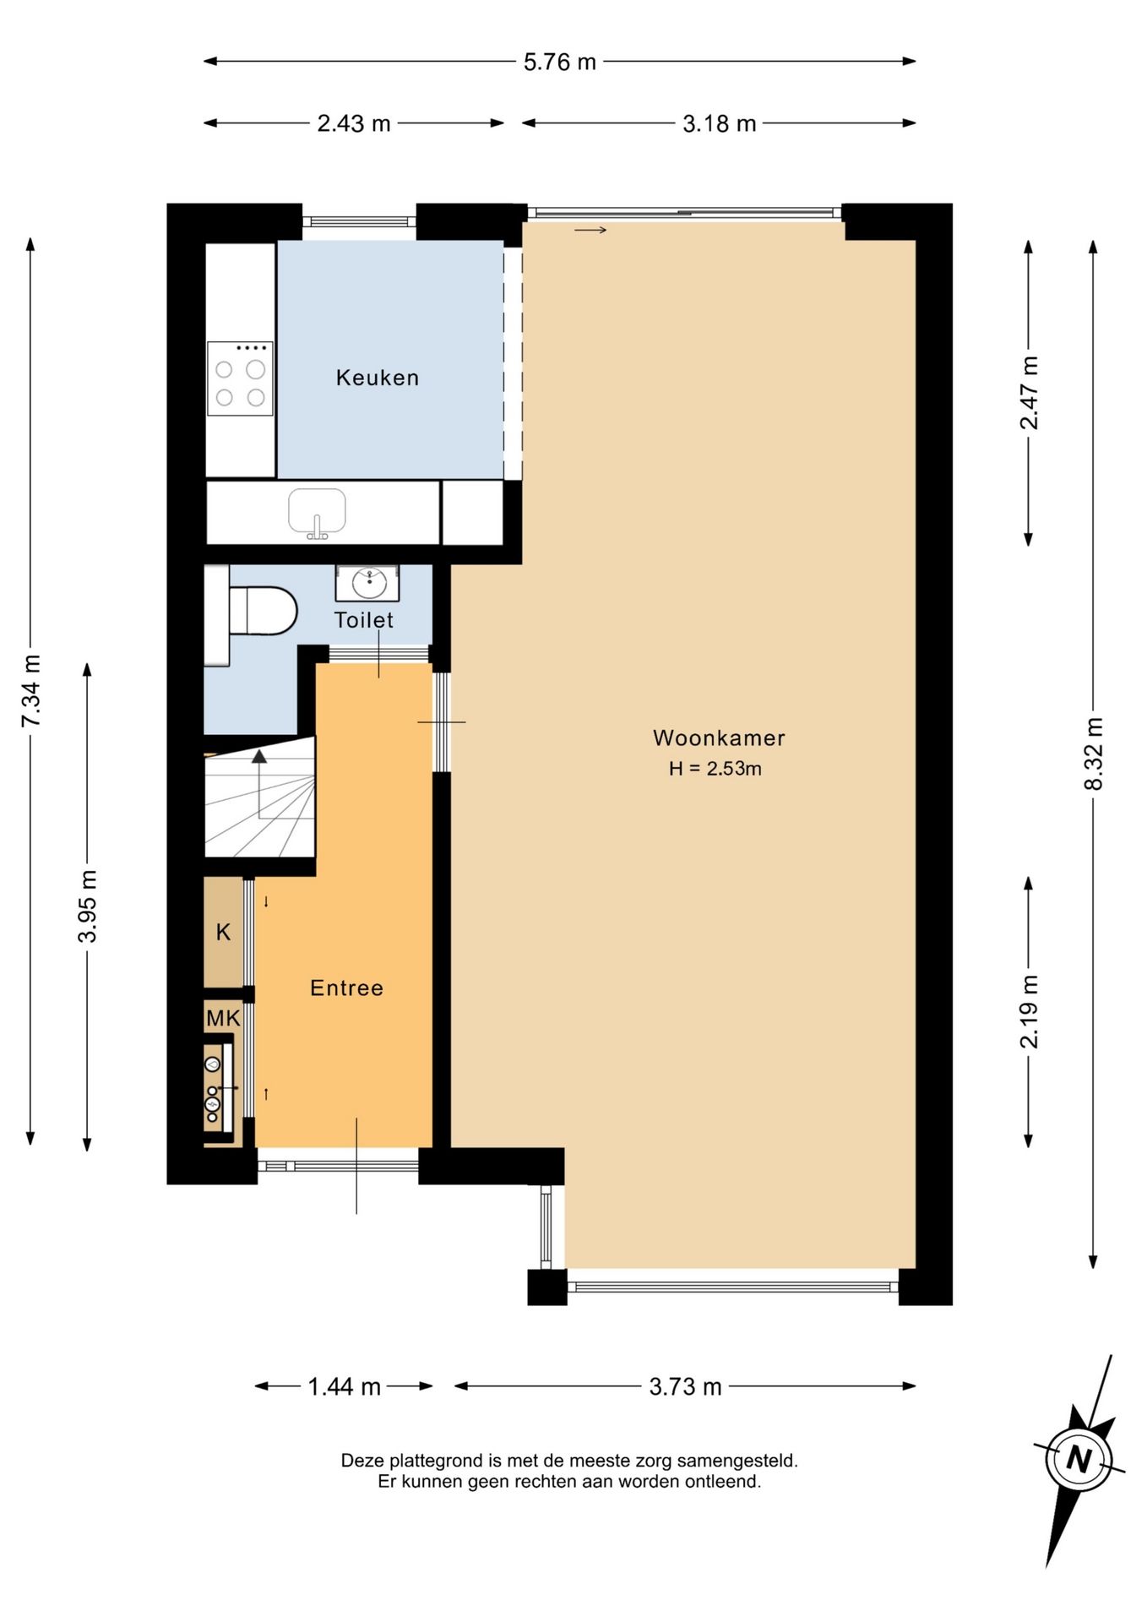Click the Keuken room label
click(377, 378)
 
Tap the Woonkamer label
click(719, 738)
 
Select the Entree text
click(346, 988)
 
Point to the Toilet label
click(363, 620)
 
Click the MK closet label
click(223, 1019)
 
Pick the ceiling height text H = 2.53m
click(715, 769)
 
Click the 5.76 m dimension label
click(560, 62)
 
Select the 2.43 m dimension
click(354, 124)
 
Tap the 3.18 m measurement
click(719, 124)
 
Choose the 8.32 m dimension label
click(1094, 754)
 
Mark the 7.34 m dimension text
click(31, 691)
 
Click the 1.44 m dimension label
click(344, 1387)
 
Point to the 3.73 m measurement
click(685, 1387)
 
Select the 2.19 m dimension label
click(1029, 1012)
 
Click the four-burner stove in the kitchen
click(240, 378)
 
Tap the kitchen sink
click(317, 513)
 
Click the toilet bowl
click(263, 611)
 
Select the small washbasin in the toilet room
click(367, 583)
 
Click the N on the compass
click(1079, 1458)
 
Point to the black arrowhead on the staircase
click(259, 756)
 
